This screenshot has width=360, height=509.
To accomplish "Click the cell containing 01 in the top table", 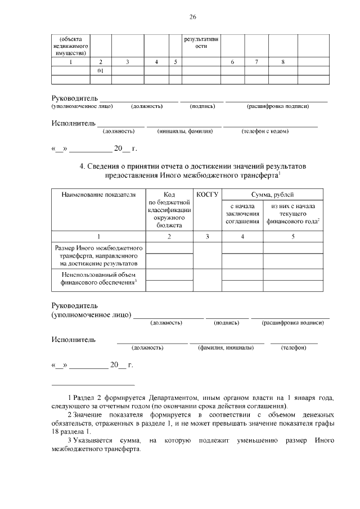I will click(x=100, y=71).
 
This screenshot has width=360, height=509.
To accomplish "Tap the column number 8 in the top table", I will click(x=282, y=61).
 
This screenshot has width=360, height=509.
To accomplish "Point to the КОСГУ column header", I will click(x=207, y=195).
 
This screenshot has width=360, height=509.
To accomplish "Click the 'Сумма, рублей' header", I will click(x=272, y=195).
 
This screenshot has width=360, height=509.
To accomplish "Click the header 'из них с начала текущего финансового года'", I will click(x=292, y=214).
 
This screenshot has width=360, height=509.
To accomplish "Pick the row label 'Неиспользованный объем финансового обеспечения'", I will click(x=98, y=280).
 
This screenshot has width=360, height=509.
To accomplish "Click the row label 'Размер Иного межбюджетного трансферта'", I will click(x=98, y=255).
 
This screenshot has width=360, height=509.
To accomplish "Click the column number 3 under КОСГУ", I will click(x=207, y=237).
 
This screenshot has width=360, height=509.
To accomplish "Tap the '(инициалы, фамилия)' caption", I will click(x=185, y=131).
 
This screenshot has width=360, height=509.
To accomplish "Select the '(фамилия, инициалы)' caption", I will click(x=226, y=348).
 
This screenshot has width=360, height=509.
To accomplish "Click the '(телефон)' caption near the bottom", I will click(x=293, y=348).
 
